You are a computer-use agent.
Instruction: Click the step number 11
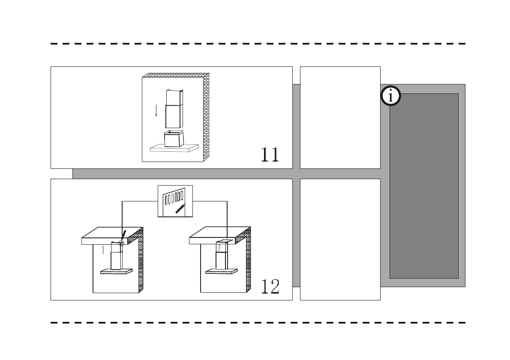click(x=270, y=154)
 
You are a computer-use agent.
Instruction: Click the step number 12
click(x=270, y=286)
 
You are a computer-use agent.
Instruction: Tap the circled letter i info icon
click(x=390, y=96)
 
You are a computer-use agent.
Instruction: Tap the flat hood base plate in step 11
click(x=175, y=148)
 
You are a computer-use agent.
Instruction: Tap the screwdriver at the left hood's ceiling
click(x=123, y=235)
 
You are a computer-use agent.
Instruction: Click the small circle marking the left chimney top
click(x=121, y=243)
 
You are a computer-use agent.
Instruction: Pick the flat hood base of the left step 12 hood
click(x=116, y=271)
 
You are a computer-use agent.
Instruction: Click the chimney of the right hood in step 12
click(x=222, y=257)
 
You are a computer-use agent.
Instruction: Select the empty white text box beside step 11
click(x=340, y=117)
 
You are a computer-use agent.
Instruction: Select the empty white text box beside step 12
click(x=340, y=239)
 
